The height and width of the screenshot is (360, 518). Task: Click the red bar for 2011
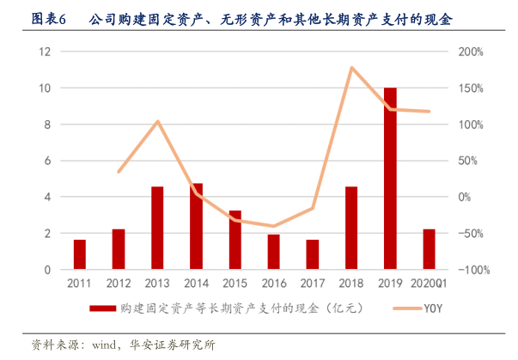[x=79, y=254]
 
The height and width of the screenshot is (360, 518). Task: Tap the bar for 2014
[x=196, y=226]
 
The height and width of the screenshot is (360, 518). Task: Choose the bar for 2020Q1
[x=429, y=249]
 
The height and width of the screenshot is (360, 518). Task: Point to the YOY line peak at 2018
[x=351, y=67]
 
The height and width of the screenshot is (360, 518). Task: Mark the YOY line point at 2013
[x=157, y=121]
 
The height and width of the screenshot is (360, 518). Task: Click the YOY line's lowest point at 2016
[x=273, y=227]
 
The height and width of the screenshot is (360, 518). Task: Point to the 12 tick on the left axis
[x=46, y=52]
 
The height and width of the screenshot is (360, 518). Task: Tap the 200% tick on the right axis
[x=472, y=52]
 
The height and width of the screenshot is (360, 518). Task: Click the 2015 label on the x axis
[x=235, y=283]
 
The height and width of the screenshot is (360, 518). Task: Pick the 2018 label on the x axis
[x=351, y=283]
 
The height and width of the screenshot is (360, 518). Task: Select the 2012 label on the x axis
[x=118, y=283]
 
